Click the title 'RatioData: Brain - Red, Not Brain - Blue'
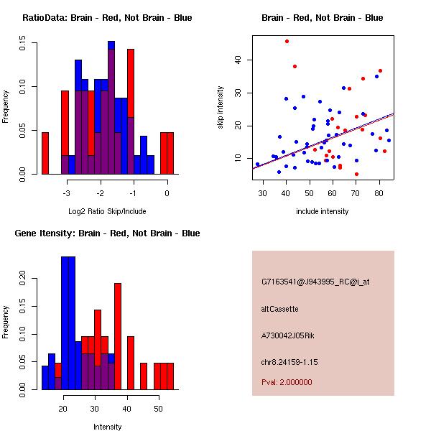107,18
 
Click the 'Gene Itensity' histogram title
107,233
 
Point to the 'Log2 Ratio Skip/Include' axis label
107,211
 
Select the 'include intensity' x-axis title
322,211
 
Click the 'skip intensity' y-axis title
221,108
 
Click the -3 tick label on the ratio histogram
68,194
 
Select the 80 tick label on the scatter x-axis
379,193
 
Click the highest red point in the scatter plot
287,41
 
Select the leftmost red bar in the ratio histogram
45,153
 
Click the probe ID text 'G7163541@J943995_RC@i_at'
315,283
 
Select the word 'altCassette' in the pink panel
279,309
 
